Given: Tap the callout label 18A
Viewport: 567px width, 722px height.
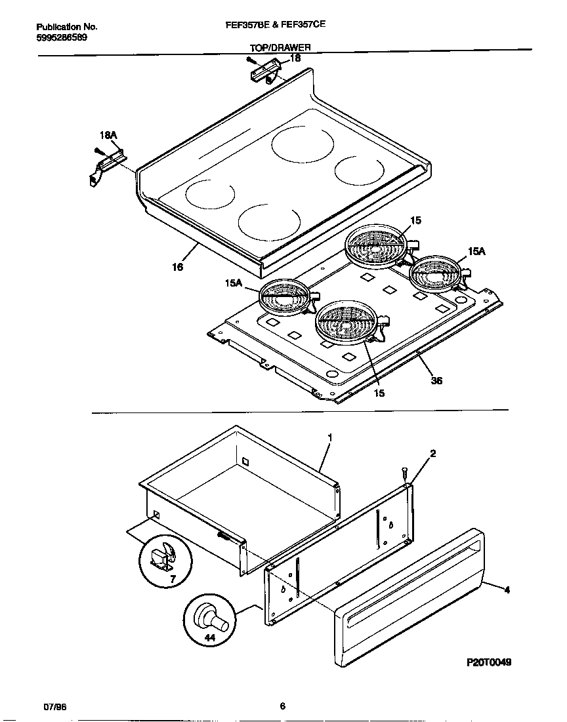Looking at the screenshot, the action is (108, 136).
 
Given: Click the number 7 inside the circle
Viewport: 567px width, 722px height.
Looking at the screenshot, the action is (173, 580).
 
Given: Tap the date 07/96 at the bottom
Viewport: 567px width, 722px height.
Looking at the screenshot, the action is (54, 706).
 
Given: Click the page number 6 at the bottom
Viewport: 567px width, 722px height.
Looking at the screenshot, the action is (282, 706).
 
